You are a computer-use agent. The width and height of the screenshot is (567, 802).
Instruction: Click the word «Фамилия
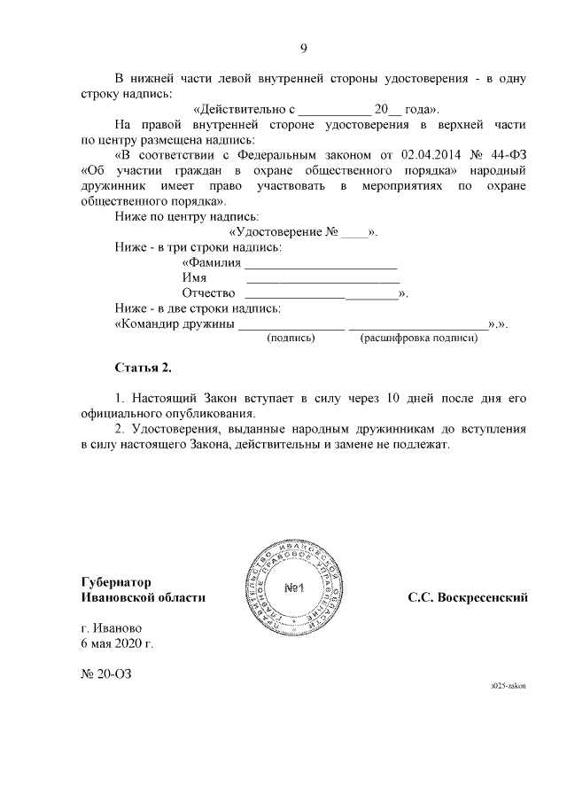coord(211,263)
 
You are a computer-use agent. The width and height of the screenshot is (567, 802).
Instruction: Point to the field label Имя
coord(194,278)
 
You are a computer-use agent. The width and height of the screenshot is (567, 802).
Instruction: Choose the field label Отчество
coord(208,293)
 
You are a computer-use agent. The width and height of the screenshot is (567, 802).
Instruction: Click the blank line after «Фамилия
coord(321,264)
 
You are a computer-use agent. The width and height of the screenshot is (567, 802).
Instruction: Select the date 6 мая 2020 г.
coord(117,643)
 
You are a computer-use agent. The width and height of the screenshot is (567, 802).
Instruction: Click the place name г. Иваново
coord(111,627)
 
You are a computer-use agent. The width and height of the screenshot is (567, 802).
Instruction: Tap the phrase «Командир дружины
coord(175,324)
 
